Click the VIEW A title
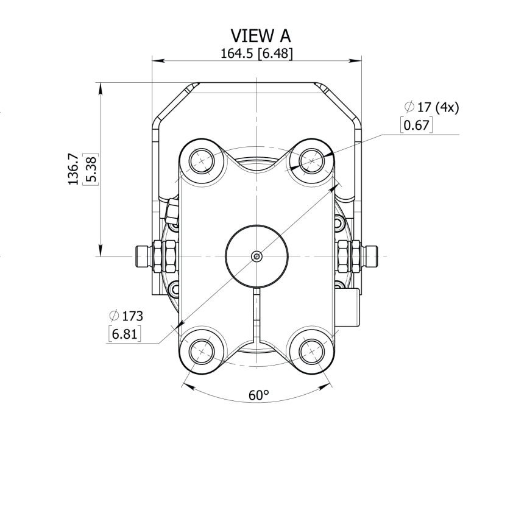[260, 36]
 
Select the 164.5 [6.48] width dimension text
[256, 54]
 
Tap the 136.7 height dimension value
[73, 169]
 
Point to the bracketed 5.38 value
[91, 169]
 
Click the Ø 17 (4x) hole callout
[431, 107]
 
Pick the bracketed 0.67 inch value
[416, 125]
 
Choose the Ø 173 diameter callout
[126, 316]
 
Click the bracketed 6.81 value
[124, 334]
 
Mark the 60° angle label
[259, 395]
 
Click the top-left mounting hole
[202, 161]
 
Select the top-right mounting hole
[312, 161]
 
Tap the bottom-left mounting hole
[202, 352]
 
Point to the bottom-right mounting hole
[312, 352]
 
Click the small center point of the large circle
[257, 256]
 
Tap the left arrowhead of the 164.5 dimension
[158, 60]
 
